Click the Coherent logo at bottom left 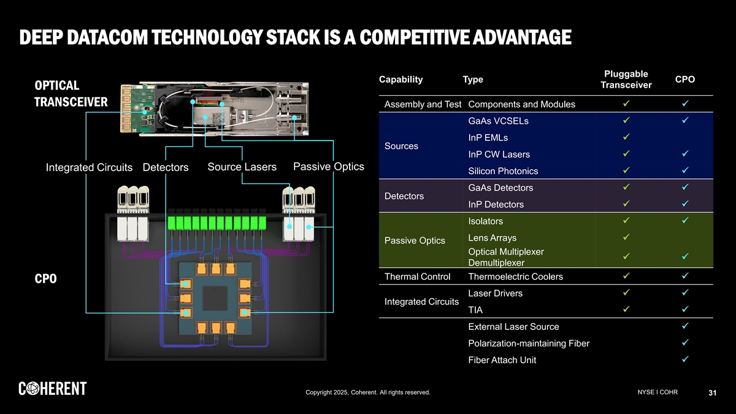point(52,388)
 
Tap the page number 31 point(712,393)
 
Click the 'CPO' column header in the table point(684,79)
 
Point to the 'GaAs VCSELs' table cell point(498,121)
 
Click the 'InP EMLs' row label point(488,138)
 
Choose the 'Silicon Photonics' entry point(503,171)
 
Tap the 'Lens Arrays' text point(492,238)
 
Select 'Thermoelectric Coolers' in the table point(515,277)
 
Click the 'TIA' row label point(475,310)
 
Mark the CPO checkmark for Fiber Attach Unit point(684,359)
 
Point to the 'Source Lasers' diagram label point(242,167)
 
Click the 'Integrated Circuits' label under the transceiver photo point(90,167)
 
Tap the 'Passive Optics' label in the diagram point(329,167)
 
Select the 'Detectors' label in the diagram point(166,167)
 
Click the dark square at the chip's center point(215,299)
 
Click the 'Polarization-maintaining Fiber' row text point(528,343)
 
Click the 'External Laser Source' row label point(513,327)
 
